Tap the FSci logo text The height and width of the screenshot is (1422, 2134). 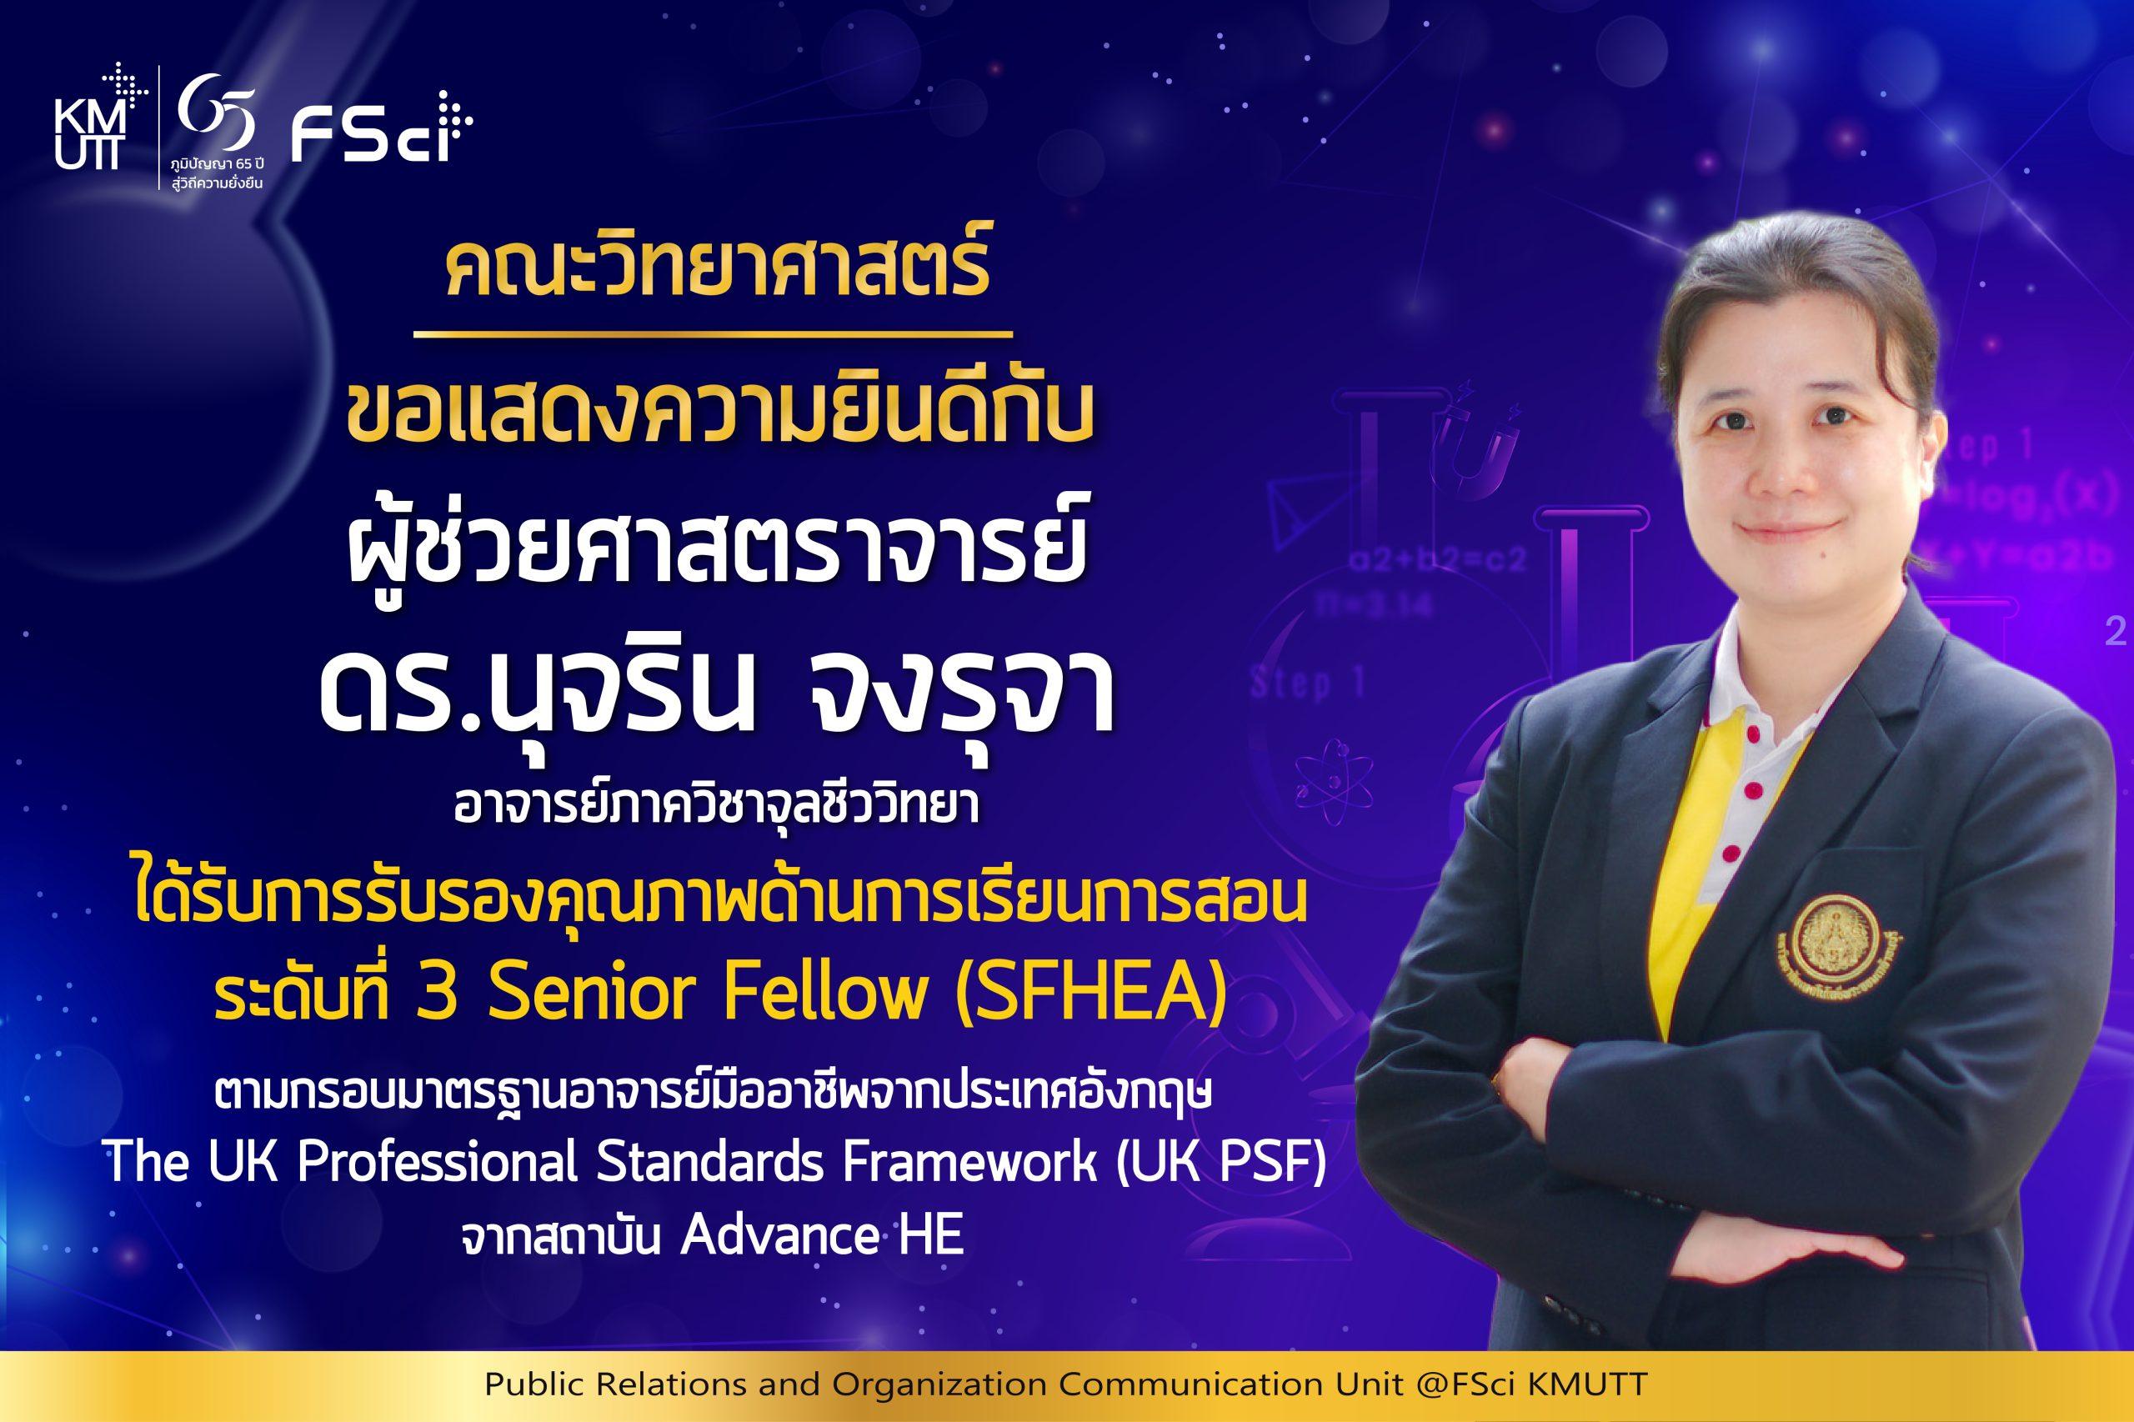click(x=382, y=137)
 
